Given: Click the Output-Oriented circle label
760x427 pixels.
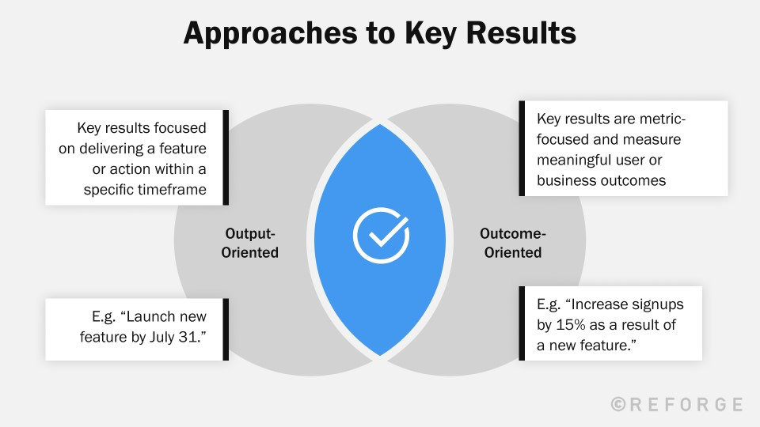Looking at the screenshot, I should [x=252, y=243].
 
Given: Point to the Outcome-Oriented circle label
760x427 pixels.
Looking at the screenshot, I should [x=512, y=243].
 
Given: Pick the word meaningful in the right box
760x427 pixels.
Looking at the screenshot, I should [x=573, y=160].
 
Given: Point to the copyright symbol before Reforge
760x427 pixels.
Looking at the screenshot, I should [x=618, y=405].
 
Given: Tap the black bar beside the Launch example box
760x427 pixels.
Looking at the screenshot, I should [x=226, y=330].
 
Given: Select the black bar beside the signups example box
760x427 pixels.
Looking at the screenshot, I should [x=522, y=323].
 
